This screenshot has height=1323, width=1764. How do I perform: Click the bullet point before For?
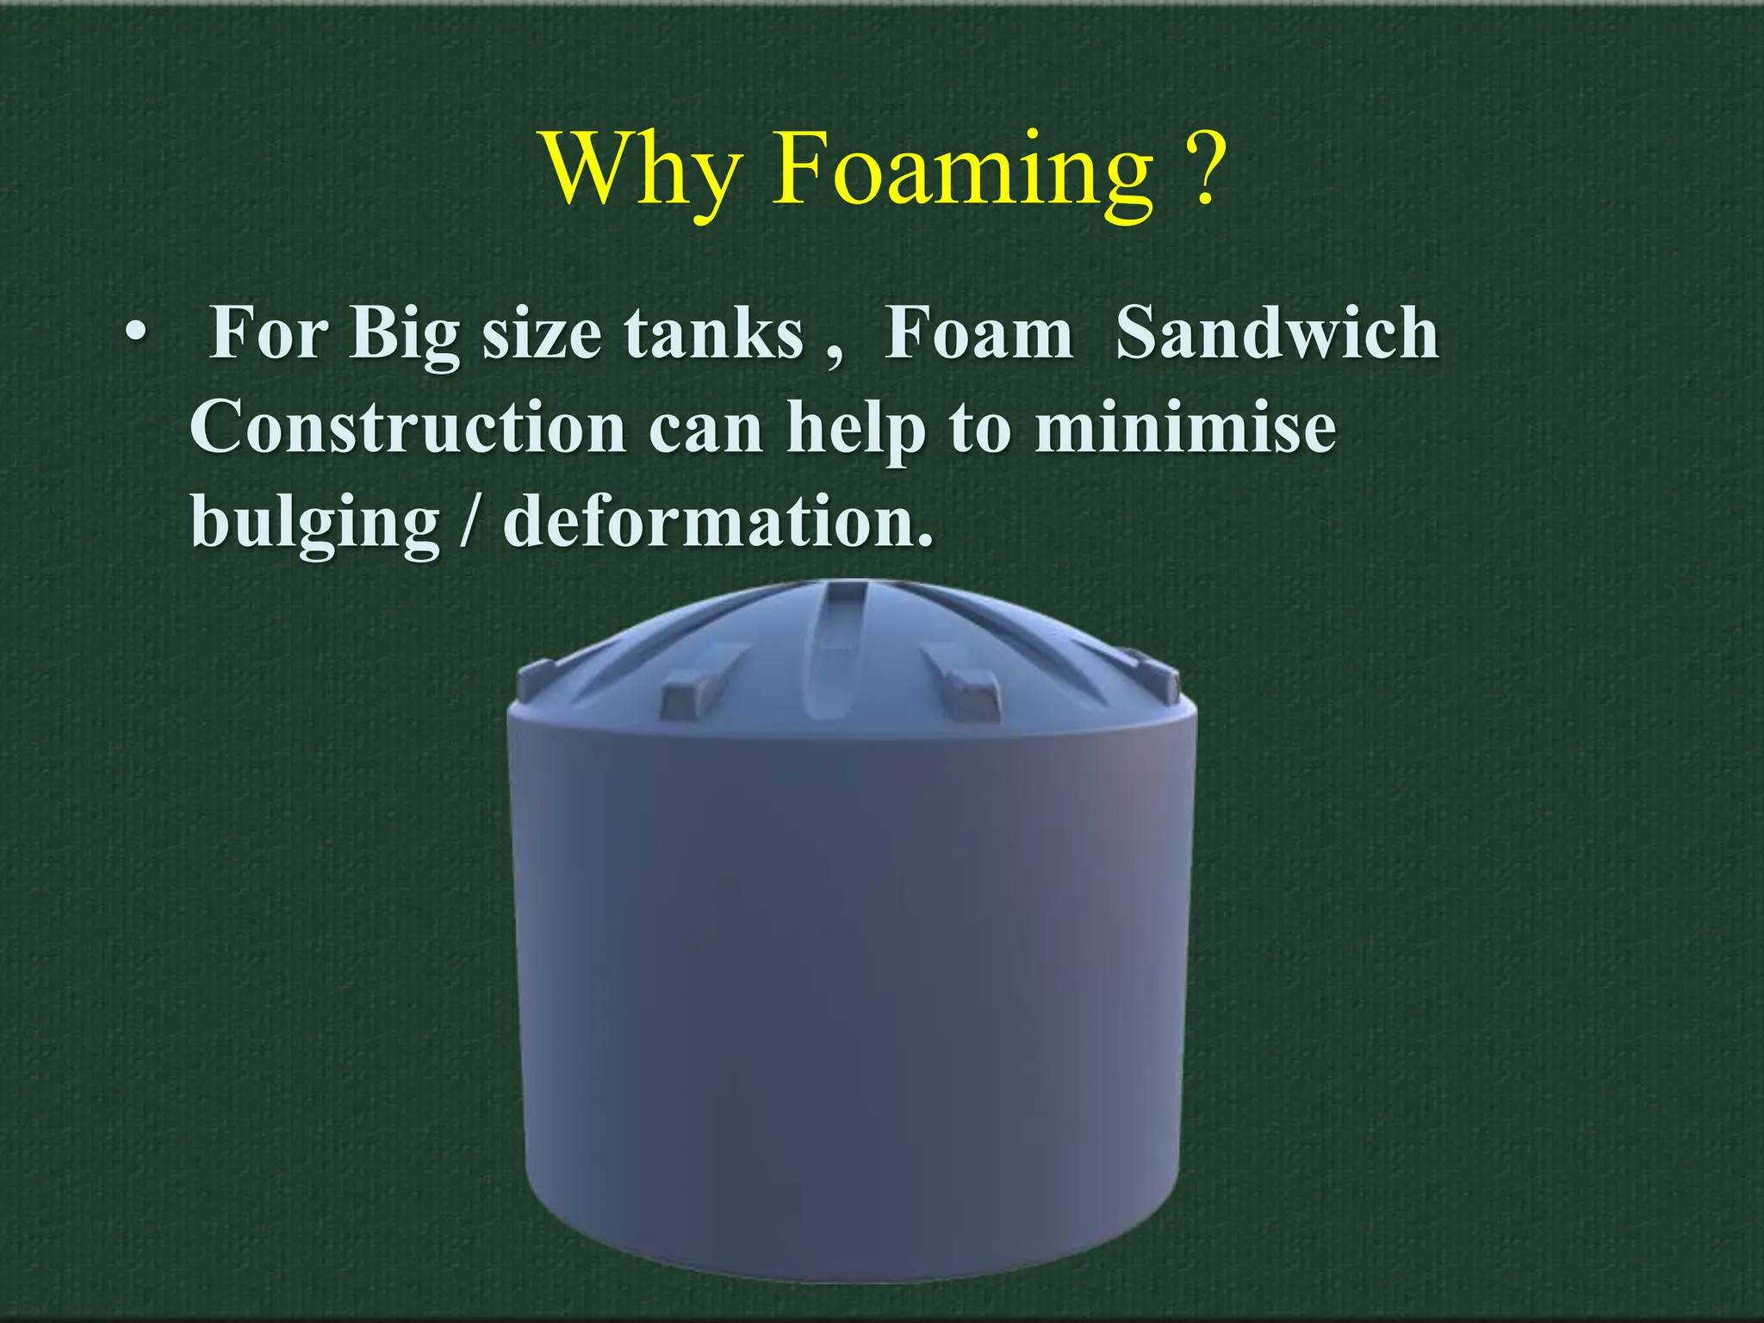click(134, 332)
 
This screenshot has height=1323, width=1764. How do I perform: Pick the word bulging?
click(315, 525)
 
